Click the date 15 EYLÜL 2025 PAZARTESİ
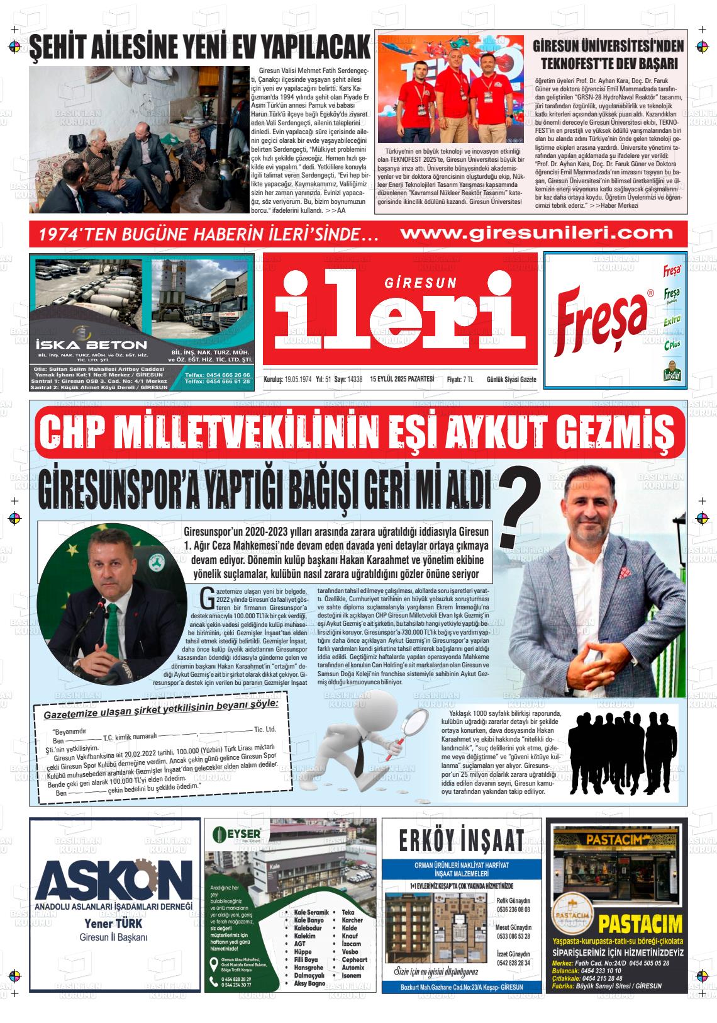point(403,379)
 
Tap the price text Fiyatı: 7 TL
point(460,379)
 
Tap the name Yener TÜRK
point(113,924)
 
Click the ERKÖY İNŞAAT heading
point(461,839)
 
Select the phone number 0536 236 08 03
point(513,910)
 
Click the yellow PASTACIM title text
point(640,924)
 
